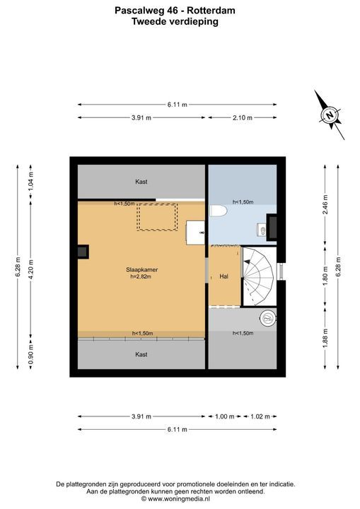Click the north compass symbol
click(x=330, y=115)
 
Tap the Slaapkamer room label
click(x=142, y=270)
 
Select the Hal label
click(x=224, y=276)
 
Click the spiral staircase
click(x=259, y=276)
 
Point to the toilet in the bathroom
click(x=218, y=211)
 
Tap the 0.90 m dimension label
click(x=30, y=354)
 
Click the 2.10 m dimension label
click(x=243, y=118)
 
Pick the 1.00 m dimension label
click(x=224, y=416)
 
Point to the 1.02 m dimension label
click(x=260, y=416)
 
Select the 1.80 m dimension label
click(x=325, y=276)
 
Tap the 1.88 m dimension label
click(x=325, y=338)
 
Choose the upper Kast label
click(x=141, y=182)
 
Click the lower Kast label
click(x=141, y=354)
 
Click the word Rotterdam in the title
click(x=211, y=11)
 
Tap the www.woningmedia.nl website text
click(x=179, y=498)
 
